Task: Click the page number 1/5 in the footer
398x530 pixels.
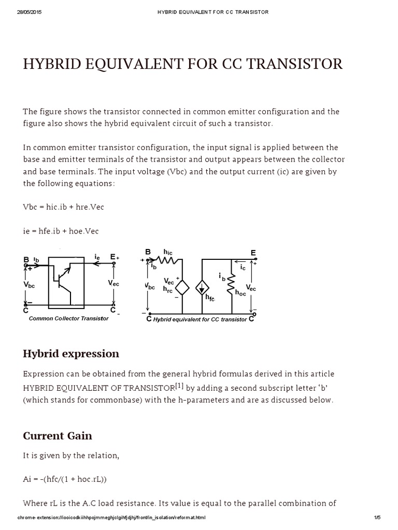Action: pyautogui.click(x=377, y=518)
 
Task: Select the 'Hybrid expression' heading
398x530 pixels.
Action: pyautogui.click(x=71, y=354)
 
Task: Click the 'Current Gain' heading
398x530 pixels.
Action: pyautogui.click(x=58, y=436)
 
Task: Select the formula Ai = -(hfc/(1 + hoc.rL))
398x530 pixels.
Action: pyautogui.click(x=65, y=479)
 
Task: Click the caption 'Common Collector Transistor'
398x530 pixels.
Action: pyautogui.click(x=69, y=319)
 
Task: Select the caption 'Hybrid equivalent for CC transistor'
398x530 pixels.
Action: pyautogui.click(x=200, y=319)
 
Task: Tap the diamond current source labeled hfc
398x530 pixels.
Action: pyautogui.click(x=202, y=288)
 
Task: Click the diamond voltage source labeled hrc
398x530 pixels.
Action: pyautogui.click(x=182, y=288)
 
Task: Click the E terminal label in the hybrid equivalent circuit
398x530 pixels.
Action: pyautogui.click(x=253, y=253)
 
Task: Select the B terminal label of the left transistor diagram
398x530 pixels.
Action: pyautogui.click(x=26, y=259)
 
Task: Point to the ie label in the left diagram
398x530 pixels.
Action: pyautogui.click(x=97, y=256)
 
